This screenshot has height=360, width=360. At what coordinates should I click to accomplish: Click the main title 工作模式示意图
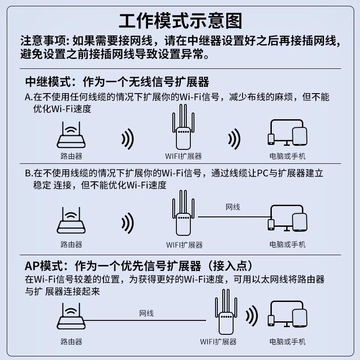click(x=180, y=21)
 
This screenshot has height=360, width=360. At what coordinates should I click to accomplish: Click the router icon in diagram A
click(x=71, y=137)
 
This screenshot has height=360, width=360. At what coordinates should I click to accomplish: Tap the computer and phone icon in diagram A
click(x=288, y=134)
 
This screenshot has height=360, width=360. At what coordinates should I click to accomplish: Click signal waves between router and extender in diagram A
click(x=128, y=139)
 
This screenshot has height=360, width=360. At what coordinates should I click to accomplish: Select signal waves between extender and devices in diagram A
click(x=234, y=139)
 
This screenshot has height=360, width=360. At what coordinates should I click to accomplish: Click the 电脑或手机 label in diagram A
click(x=288, y=157)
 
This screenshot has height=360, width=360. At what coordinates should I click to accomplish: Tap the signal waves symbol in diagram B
click(x=128, y=222)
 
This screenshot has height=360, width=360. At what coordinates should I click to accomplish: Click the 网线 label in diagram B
click(x=233, y=207)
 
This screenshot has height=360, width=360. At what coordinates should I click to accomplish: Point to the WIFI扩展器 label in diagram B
click(x=184, y=245)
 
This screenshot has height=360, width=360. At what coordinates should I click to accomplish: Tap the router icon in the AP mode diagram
click(x=71, y=317)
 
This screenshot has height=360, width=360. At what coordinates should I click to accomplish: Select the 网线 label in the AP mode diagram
click(x=146, y=313)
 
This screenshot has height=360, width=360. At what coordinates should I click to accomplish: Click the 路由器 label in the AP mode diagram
click(x=71, y=342)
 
